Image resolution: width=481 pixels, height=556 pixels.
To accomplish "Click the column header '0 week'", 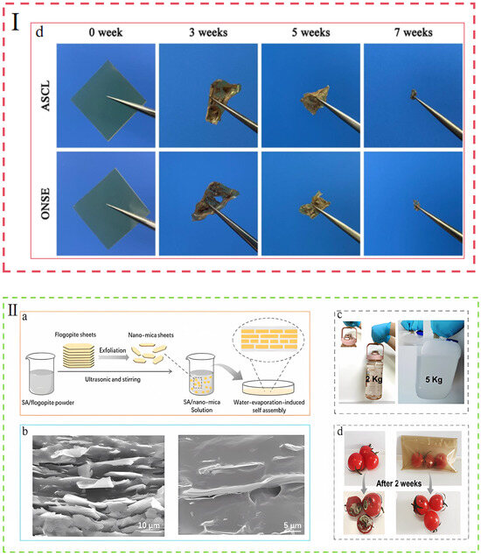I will pos(104,34).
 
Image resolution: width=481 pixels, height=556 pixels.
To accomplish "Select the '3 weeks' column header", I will pos(206,34).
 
